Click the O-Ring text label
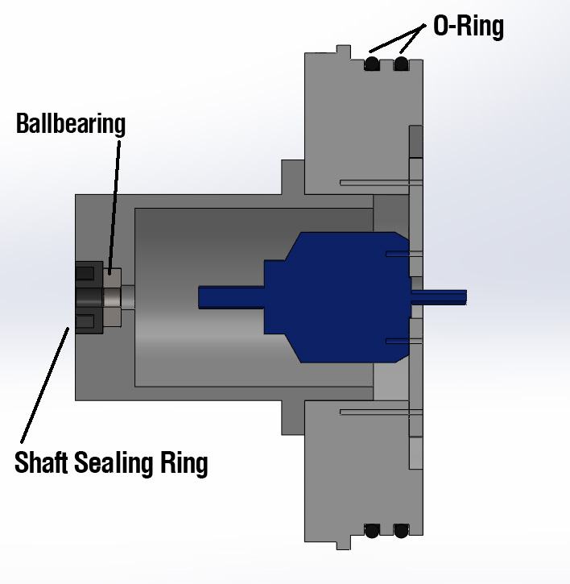pyautogui.click(x=469, y=26)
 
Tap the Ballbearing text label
pyautogui.click(x=71, y=124)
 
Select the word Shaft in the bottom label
pyautogui.click(x=41, y=462)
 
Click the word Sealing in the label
pyautogui.click(x=114, y=463)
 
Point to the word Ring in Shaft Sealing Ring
pyautogui.click(x=184, y=463)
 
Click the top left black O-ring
pyautogui.click(x=372, y=64)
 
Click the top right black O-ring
pyautogui.click(x=401, y=64)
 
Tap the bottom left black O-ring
pyautogui.click(x=372, y=531)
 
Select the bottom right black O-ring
pyautogui.click(x=401, y=531)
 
